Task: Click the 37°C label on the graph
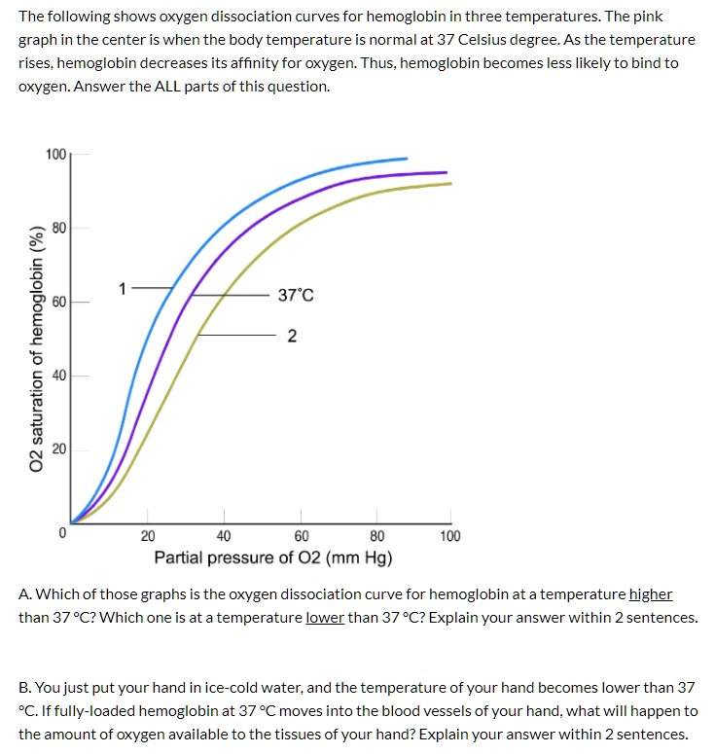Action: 296,295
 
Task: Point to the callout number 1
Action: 123,288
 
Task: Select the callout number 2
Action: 292,337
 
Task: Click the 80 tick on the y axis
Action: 59,229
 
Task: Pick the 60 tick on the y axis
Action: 59,303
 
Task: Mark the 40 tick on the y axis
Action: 59,376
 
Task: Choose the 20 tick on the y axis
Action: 59,449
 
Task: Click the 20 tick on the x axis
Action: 147,536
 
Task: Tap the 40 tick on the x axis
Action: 224,536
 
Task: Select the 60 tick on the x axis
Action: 301,536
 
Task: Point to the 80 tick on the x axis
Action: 376,536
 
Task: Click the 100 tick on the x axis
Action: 450,536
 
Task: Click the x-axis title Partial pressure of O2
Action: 273,558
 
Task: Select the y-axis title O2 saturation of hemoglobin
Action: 37,347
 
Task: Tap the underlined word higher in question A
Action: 651,594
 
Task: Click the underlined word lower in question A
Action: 325,618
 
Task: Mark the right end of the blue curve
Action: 407,158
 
